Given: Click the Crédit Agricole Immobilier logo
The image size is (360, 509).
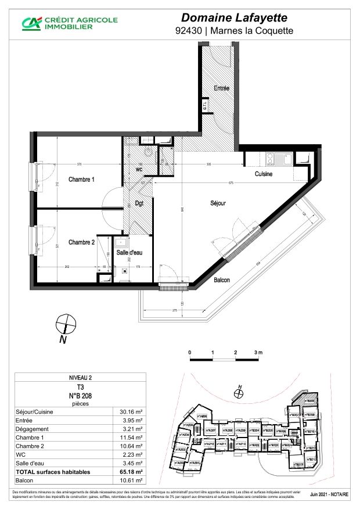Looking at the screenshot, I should click(70, 23).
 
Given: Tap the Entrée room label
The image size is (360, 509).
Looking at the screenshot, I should click(221, 88).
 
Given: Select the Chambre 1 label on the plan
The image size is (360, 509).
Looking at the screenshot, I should click(81, 180).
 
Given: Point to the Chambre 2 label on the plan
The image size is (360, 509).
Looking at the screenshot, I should click(81, 242).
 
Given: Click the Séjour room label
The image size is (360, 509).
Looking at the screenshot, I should click(218, 203).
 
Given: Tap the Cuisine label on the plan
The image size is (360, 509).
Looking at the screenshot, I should click(264, 174).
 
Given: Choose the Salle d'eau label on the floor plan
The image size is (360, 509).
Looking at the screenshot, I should click(130, 252).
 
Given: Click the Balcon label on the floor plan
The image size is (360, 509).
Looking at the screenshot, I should click(221, 280).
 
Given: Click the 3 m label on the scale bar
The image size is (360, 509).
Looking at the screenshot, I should click(258, 353).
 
